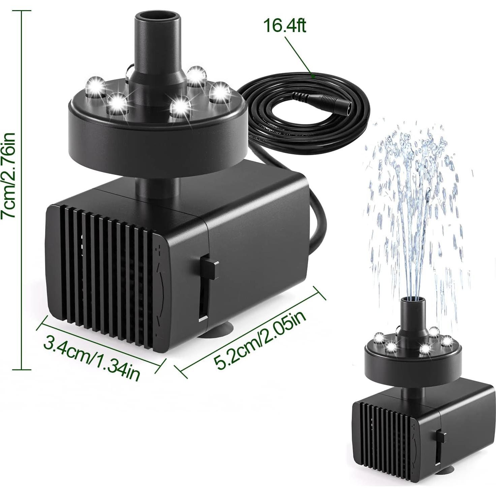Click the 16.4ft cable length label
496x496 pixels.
pos(285,26)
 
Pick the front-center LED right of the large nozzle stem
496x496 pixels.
pos(181,105)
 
